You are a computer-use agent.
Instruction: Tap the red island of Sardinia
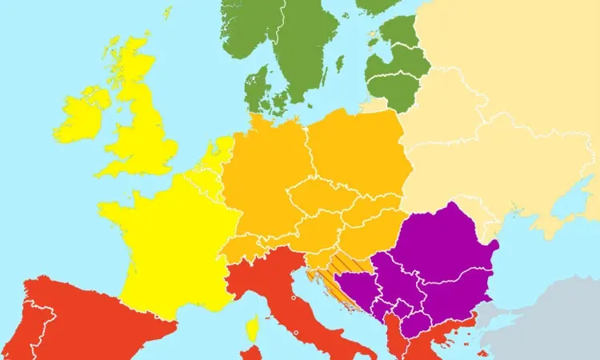pos(250,353)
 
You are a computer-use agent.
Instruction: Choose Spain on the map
pos(88,320)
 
